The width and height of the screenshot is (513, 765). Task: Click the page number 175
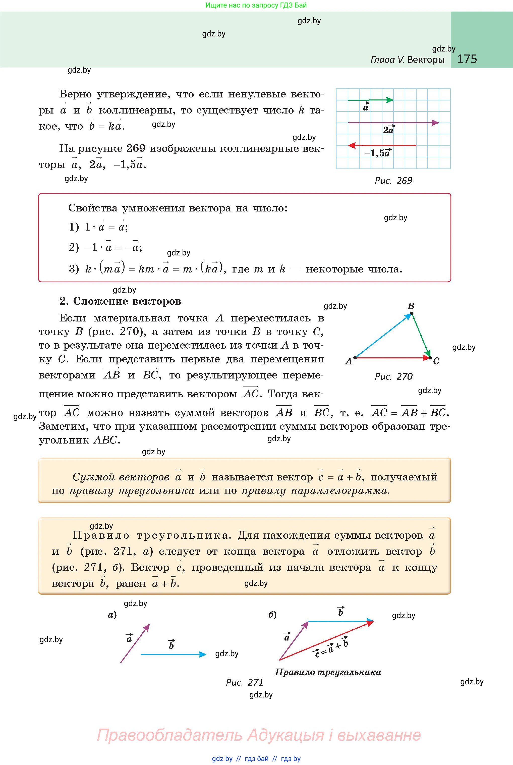467,59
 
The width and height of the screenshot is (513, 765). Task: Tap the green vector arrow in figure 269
370,100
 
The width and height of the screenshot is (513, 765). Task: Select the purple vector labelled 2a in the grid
393,123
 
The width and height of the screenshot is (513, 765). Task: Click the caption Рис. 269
393,181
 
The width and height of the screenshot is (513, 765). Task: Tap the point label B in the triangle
411,306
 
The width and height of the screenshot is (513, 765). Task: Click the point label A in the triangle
349,361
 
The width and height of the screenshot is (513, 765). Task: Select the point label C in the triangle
436,361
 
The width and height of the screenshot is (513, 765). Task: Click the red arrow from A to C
393,358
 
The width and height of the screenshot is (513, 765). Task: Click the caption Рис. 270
393,377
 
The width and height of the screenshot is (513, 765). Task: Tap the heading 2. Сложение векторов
120,301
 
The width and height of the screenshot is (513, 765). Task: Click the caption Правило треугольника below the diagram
328,672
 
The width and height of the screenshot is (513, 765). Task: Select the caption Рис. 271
244,683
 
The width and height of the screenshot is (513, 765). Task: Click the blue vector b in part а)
174,654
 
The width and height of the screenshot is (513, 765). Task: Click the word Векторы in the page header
426,60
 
